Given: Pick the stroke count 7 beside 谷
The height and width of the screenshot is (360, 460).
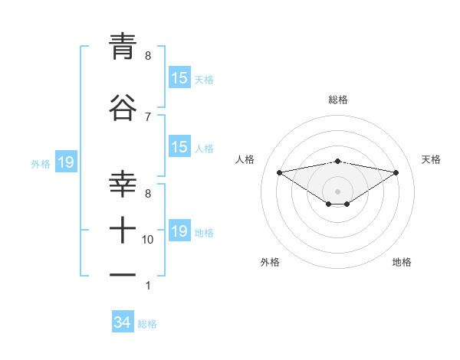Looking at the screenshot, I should click(x=148, y=116).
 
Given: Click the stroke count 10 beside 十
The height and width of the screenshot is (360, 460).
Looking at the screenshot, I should click(x=148, y=240).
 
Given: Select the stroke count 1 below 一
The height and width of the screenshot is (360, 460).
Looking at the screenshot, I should click(x=148, y=286).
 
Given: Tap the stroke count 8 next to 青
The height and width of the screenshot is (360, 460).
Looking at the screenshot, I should click(x=148, y=56).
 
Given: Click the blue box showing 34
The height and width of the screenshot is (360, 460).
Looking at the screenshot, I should click(x=123, y=323).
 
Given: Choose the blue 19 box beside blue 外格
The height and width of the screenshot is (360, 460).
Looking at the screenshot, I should click(x=65, y=162).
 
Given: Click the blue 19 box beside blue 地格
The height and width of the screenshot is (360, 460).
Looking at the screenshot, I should click(x=179, y=231).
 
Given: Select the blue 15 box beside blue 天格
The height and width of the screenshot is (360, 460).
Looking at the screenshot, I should click(x=179, y=78).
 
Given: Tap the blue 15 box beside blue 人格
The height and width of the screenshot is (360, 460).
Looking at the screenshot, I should click(x=179, y=147).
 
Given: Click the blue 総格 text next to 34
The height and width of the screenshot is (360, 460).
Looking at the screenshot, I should click(x=147, y=324).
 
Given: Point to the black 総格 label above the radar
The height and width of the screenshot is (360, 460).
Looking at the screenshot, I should click(x=337, y=100).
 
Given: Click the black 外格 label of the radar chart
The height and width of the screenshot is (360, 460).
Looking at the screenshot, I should click(x=269, y=263).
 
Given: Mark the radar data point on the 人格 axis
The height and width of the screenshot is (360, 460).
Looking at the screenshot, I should click(x=279, y=172).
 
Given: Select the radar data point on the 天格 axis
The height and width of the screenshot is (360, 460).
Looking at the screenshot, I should click(x=396, y=172).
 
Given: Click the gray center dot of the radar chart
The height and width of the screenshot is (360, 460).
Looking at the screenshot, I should click(x=337, y=191).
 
